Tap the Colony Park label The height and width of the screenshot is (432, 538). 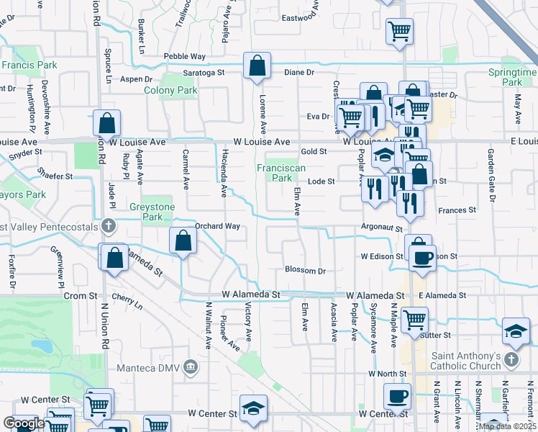click(x=170, y=91)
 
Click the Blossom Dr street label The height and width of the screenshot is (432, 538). click(x=306, y=271)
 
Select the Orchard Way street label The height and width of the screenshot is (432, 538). click(x=217, y=226)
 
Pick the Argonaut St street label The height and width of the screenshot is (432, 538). click(x=381, y=227)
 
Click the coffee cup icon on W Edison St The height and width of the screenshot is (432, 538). click(x=421, y=257)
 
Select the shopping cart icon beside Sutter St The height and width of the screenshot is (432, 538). click(x=414, y=319)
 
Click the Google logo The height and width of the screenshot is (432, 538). click(x=24, y=423)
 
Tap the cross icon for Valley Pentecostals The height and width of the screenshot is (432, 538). click(x=109, y=226)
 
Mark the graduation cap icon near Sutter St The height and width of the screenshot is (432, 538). click(x=516, y=330)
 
